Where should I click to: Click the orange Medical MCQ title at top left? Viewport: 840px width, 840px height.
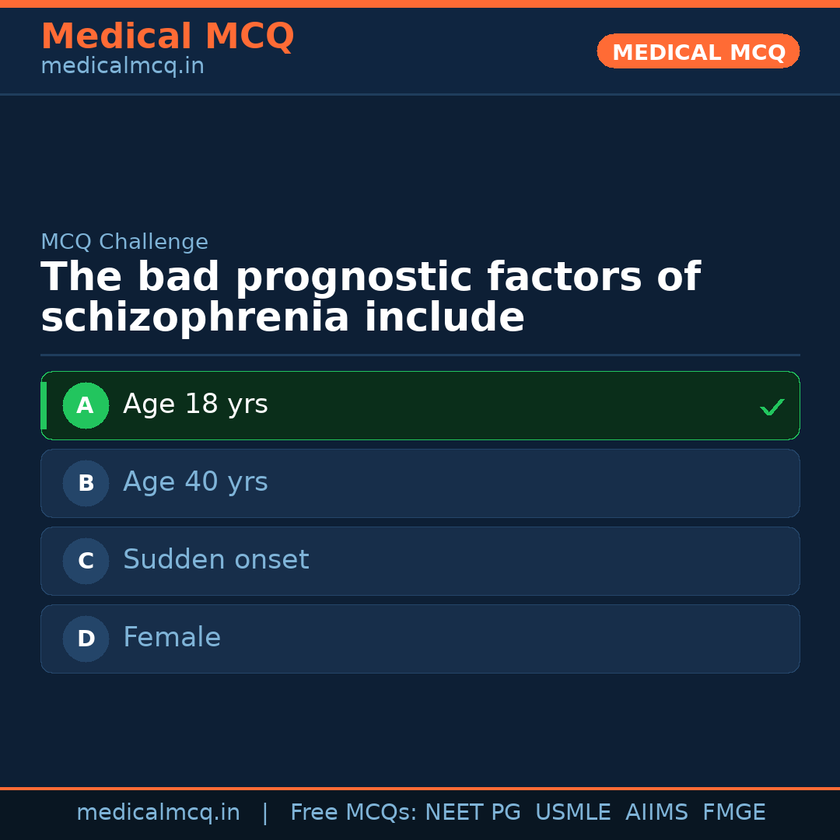point(167,37)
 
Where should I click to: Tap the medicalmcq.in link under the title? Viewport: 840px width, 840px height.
point(122,67)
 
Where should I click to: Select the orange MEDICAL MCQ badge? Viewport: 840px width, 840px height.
point(698,52)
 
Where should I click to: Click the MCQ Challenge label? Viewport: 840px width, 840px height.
point(124,242)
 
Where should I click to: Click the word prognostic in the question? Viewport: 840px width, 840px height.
point(355,278)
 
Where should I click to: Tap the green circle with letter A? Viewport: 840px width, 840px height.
point(86,405)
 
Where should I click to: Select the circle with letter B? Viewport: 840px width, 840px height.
point(86,483)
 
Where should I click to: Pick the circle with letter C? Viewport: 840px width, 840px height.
point(86,561)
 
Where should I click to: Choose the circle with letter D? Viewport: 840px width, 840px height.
point(86,639)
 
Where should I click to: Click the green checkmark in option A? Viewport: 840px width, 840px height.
point(772,407)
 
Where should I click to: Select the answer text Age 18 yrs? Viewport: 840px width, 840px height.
point(195,404)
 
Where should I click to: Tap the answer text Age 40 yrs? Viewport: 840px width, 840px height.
point(195,482)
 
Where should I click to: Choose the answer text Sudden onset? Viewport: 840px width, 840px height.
point(215,560)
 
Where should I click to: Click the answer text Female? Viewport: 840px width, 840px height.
point(172,638)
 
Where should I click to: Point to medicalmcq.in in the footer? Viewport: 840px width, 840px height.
point(158,813)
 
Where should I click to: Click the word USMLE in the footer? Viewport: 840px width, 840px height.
point(572,813)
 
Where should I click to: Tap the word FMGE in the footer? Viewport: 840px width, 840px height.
point(733,813)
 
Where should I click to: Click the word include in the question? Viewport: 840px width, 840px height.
point(444,319)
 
